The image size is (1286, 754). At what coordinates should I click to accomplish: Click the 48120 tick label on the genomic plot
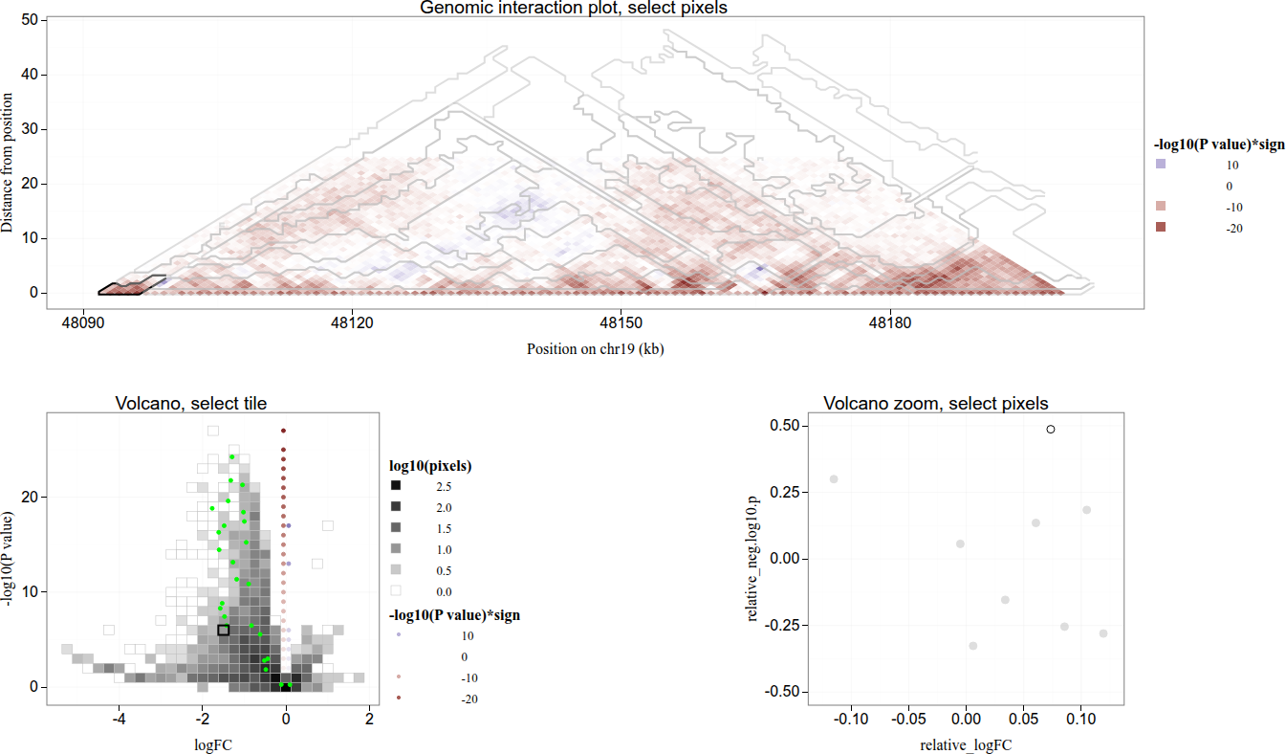(353, 325)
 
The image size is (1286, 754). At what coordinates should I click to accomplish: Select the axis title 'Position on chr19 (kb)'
(595, 349)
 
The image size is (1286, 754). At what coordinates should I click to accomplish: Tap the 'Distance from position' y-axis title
(9, 163)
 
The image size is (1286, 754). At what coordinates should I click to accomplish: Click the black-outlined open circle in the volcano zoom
(1051, 430)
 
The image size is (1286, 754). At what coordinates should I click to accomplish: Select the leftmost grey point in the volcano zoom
(834, 479)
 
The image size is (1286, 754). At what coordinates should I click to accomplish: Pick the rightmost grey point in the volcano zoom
(1103, 633)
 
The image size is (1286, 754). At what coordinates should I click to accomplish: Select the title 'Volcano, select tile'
(191, 404)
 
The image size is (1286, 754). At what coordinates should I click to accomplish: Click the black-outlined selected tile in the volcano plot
(224, 630)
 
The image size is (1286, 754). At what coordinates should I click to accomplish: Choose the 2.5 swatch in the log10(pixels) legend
(396, 487)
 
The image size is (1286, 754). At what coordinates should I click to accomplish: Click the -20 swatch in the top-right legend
(1161, 228)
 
